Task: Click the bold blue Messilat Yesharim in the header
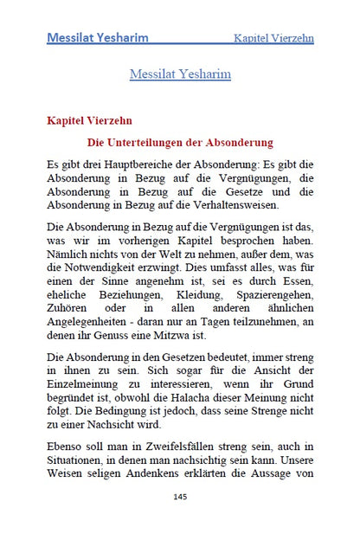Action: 97,38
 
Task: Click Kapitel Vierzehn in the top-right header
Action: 273,38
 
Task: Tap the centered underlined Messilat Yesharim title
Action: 180,74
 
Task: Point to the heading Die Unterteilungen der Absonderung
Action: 180,141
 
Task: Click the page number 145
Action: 180,497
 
